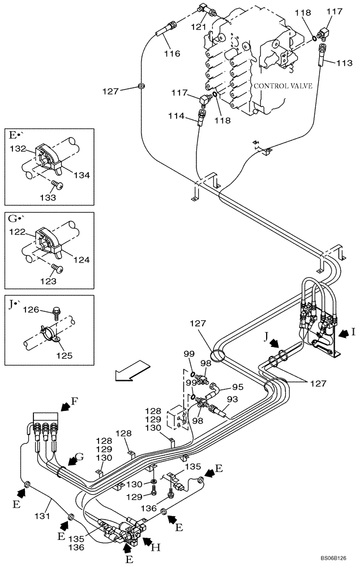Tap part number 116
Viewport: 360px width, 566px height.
(x=172, y=54)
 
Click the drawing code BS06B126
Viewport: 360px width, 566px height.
(x=336, y=557)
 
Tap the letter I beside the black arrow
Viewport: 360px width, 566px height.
(x=353, y=332)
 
